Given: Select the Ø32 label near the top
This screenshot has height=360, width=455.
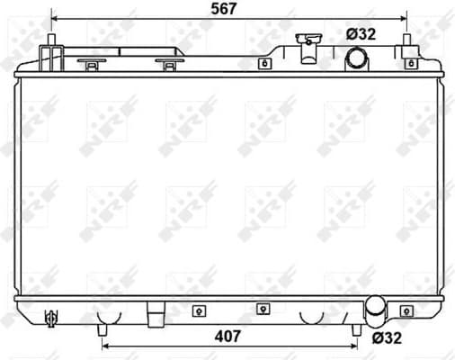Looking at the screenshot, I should click(361, 34).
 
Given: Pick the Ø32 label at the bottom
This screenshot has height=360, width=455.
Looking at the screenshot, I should click(388, 338).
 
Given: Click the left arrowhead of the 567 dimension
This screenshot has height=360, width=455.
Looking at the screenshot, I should click(55, 18).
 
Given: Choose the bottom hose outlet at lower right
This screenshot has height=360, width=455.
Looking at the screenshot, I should click(373, 313).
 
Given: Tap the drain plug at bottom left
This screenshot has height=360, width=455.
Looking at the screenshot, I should click(52, 317).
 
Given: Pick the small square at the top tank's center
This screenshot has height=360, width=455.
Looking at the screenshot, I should click(264, 63).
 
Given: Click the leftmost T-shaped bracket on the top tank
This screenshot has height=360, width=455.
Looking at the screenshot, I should click(91, 63).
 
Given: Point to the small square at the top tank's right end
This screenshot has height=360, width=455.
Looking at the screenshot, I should click(411, 63).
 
